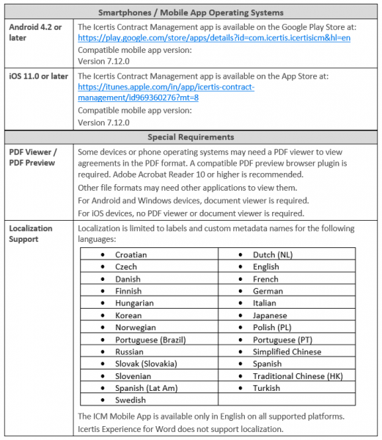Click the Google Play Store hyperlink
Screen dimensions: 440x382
pos(213,37)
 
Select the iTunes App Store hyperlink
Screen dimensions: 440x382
pos(166,92)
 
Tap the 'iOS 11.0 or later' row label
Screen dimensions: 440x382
pos(38,75)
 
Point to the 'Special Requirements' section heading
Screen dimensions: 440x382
pos(191,137)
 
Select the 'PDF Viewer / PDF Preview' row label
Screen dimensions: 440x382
pos(33,158)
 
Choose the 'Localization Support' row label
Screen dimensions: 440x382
pos(31,234)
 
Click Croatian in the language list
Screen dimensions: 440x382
pos(131,255)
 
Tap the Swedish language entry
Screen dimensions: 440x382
pos(131,400)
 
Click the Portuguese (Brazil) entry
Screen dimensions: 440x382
pos(150,340)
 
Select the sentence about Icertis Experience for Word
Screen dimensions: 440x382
pos(198,429)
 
